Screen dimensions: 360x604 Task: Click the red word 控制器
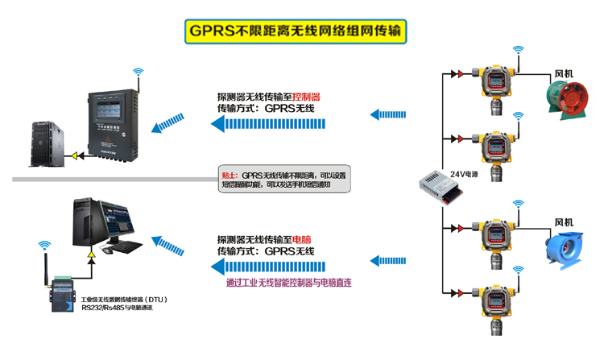306,95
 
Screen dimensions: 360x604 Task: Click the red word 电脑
301,239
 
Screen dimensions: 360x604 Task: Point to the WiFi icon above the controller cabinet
138,73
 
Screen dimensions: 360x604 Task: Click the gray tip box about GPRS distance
286,180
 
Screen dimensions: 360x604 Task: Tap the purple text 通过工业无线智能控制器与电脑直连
289,283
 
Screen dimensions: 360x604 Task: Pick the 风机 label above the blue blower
562,221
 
